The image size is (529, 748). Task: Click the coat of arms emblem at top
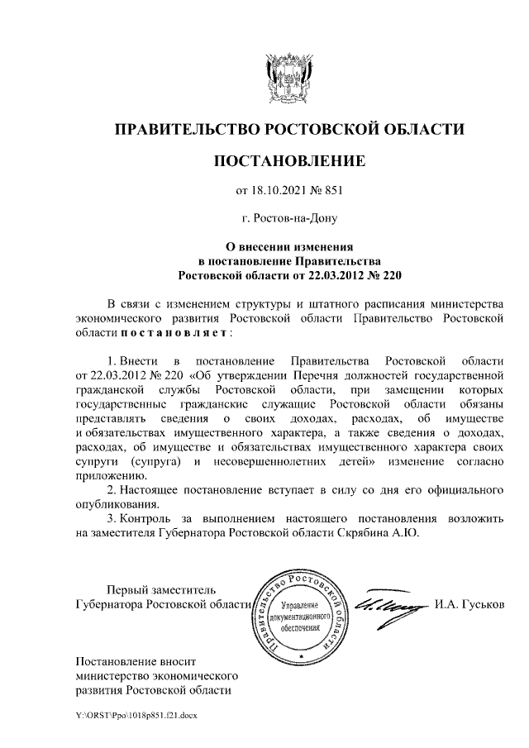click(x=288, y=79)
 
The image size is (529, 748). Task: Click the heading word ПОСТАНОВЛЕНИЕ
click(x=288, y=160)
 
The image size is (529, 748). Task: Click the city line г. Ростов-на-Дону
click(x=288, y=219)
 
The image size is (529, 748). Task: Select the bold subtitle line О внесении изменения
click(x=288, y=245)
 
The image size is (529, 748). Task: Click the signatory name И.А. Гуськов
click(x=468, y=605)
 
